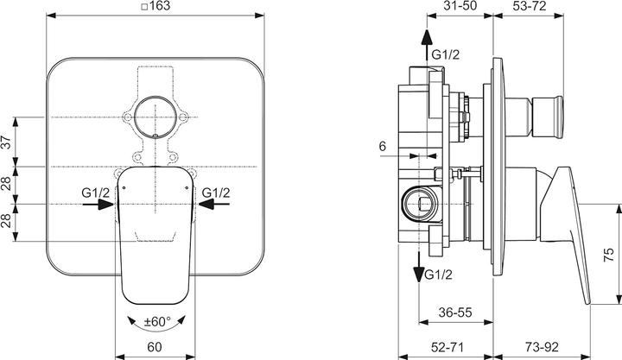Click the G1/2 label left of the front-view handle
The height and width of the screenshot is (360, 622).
click(95, 191)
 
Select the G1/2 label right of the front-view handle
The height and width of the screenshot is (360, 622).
click(216, 191)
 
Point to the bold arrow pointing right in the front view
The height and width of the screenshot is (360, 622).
click(105, 205)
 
